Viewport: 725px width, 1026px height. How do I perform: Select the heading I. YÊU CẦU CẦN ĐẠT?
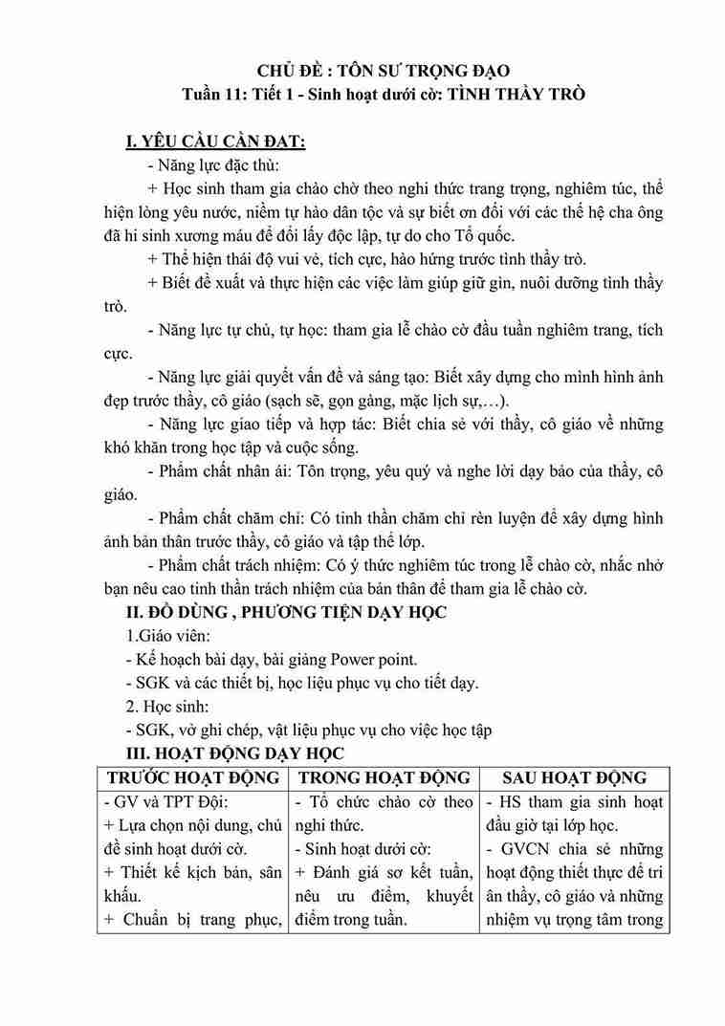pos(215,143)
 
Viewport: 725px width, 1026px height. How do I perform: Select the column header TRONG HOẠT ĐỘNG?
pos(384,777)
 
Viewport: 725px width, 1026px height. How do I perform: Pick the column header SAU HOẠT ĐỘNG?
pos(574,777)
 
